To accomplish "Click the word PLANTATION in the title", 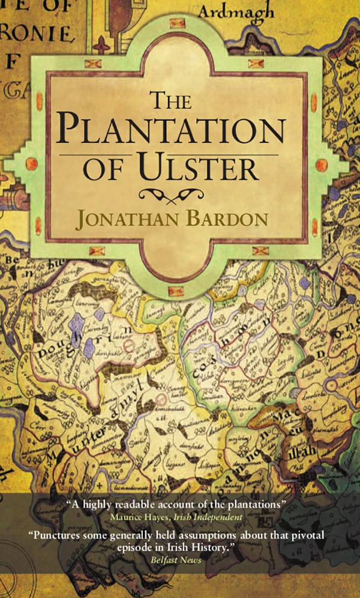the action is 174,131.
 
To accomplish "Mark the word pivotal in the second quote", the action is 308,534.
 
